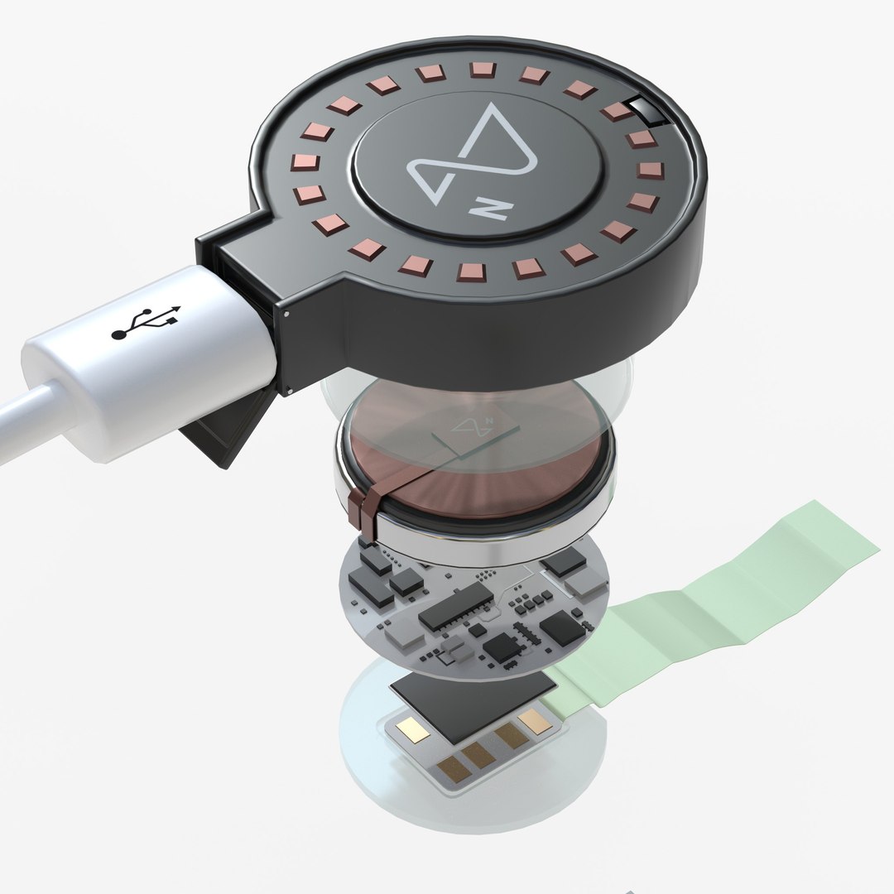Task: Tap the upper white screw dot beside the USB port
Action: pyautogui.click(x=286, y=314)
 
